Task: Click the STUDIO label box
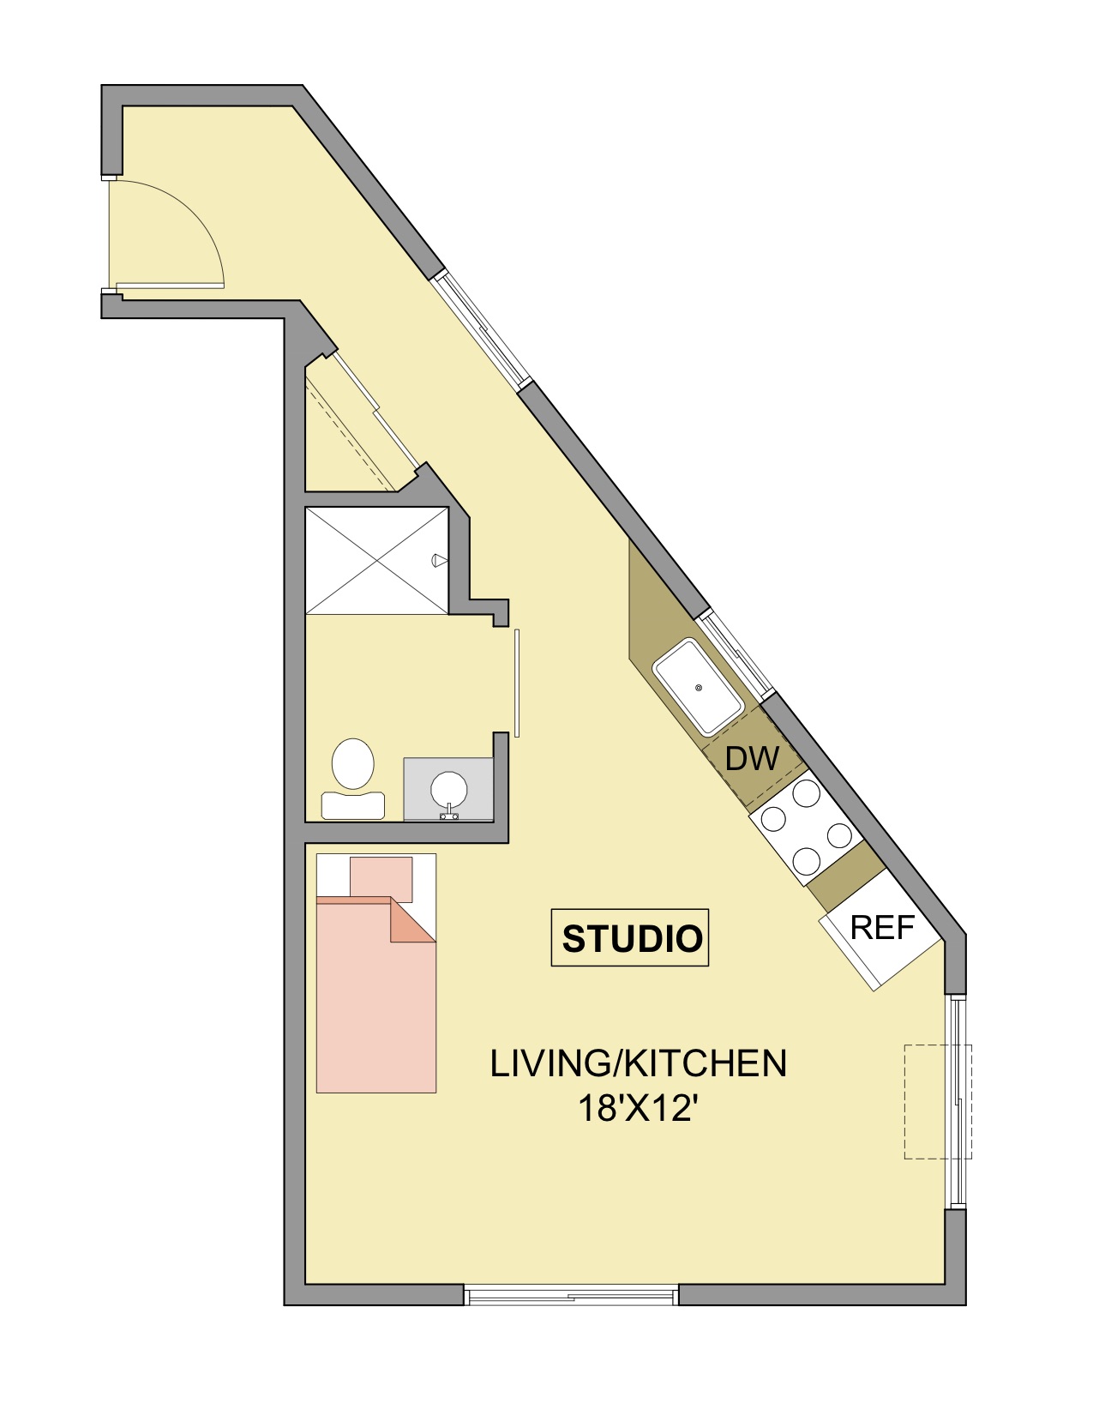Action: pyautogui.click(x=629, y=937)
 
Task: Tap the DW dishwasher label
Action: pyautogui.click(x=752, y=759)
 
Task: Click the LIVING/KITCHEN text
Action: pyautogui.click(x=638, y=1063)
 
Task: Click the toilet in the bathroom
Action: pyautogui.click(x=353, y=778)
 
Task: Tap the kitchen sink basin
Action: pyautogui.click(x=698, y=687)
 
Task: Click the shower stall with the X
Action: pyautogui.click(x=377, y=561)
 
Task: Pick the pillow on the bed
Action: pyautogui.click(x=381, y=880)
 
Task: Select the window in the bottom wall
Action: pyautogui.click(x=571, y=1296)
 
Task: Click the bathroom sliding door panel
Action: pyautogui.click(x=517, y=683)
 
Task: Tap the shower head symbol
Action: pyautogui.click(x=440, y=559)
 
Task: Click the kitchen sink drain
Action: pyautogui.click(x=700, y=688)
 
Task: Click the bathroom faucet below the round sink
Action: pyautogui.click(x=448, y=813)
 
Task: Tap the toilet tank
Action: pyautogui.click(x=353, y=806)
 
